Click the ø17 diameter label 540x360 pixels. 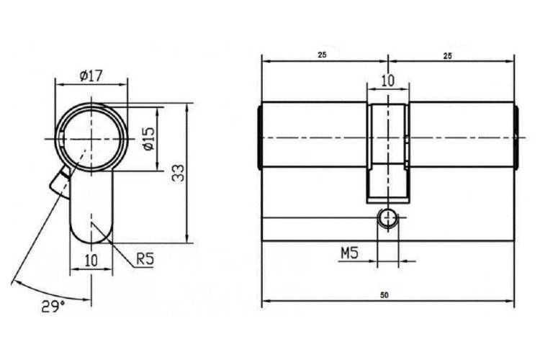(x=91, y=76)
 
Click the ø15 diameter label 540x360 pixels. (x=149, y=139)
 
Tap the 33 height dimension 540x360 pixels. (x=178, y=174)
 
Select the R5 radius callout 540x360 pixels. (x=145, y=258)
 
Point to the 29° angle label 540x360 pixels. (x=53, y=306)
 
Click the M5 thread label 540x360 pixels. (x=349, y=253)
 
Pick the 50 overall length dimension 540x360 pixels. (x=384, y=295)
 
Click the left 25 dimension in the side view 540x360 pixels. (x=322, y=55)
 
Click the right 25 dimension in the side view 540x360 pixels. (x=447, y=56)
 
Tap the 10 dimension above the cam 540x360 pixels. (x=388, y=81)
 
